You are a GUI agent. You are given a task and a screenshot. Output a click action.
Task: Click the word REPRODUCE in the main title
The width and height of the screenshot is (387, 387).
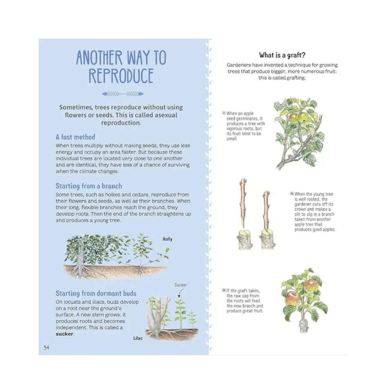pos(121,76)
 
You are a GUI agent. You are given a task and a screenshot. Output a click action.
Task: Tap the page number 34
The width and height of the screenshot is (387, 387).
pos(46,347)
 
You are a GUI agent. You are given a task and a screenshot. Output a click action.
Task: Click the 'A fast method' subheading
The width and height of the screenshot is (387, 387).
pos(75,137)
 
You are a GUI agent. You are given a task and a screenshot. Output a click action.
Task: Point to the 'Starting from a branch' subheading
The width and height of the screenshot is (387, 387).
pos(89,186)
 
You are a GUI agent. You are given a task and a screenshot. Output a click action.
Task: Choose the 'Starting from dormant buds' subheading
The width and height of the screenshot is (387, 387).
pos(96,293)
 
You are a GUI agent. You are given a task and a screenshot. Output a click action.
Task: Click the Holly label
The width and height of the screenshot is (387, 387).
pos(167,239)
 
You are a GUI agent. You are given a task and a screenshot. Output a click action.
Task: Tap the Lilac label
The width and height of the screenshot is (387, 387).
pos(137,338)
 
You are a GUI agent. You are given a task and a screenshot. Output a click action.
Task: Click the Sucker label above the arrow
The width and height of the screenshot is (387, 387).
pos(180,285)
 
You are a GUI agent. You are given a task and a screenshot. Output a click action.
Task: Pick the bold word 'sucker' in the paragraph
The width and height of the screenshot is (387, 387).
pos(65,334)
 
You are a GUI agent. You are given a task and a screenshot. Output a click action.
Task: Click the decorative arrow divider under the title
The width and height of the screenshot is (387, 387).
pos(122,94)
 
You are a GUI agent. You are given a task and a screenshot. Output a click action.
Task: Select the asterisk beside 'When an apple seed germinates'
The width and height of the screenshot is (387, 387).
pos(224,113)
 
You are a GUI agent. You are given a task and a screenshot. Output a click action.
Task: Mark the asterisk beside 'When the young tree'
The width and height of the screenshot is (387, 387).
pos(291,194)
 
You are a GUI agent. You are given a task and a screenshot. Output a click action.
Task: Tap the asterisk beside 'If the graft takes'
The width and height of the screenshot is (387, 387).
pos(224,291)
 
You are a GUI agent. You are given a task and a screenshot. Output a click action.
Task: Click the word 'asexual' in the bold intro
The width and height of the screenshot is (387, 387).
pos(169,115)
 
